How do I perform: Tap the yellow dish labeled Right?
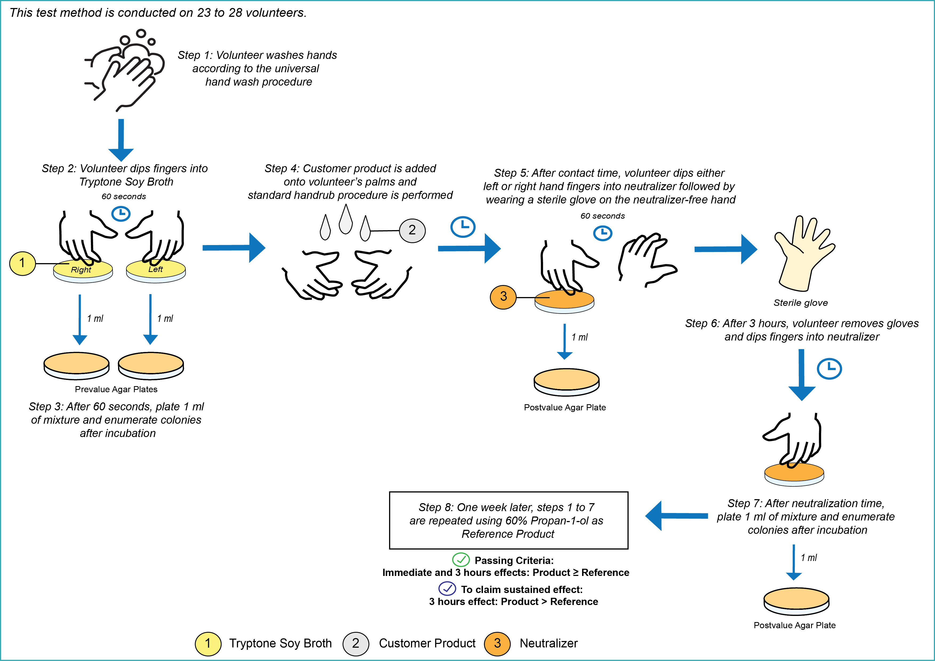(83, 271)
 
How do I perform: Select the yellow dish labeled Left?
(156, 271)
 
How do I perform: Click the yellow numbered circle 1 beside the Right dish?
(22, 263)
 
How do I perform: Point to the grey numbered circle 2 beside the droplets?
(412, 231)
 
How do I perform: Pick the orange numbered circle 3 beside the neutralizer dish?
(503, 297)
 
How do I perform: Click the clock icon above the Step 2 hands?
(121, 213)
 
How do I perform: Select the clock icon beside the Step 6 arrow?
(829, 369)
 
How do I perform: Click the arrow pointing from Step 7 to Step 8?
(676, 516)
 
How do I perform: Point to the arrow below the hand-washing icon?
(121, 140)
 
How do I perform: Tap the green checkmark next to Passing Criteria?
(461, 560)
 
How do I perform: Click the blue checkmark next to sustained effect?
(447, 588)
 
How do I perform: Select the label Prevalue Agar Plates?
(116, 389)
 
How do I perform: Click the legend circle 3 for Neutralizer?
(497, 643)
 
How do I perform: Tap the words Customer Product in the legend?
(427, 643)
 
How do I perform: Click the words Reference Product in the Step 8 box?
(508, 534)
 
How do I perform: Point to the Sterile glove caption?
(801, 303)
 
